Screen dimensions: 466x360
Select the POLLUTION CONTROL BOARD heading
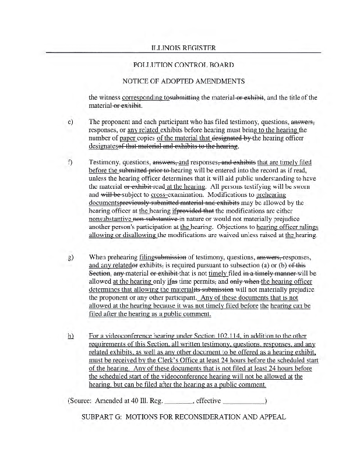pos(179,64)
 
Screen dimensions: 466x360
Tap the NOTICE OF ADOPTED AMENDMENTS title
pos(179,81)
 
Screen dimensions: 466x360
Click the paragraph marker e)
pos(70,122)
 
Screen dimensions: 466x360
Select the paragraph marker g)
pos(70,256)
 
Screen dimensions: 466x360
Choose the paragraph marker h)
pos(70,336)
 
